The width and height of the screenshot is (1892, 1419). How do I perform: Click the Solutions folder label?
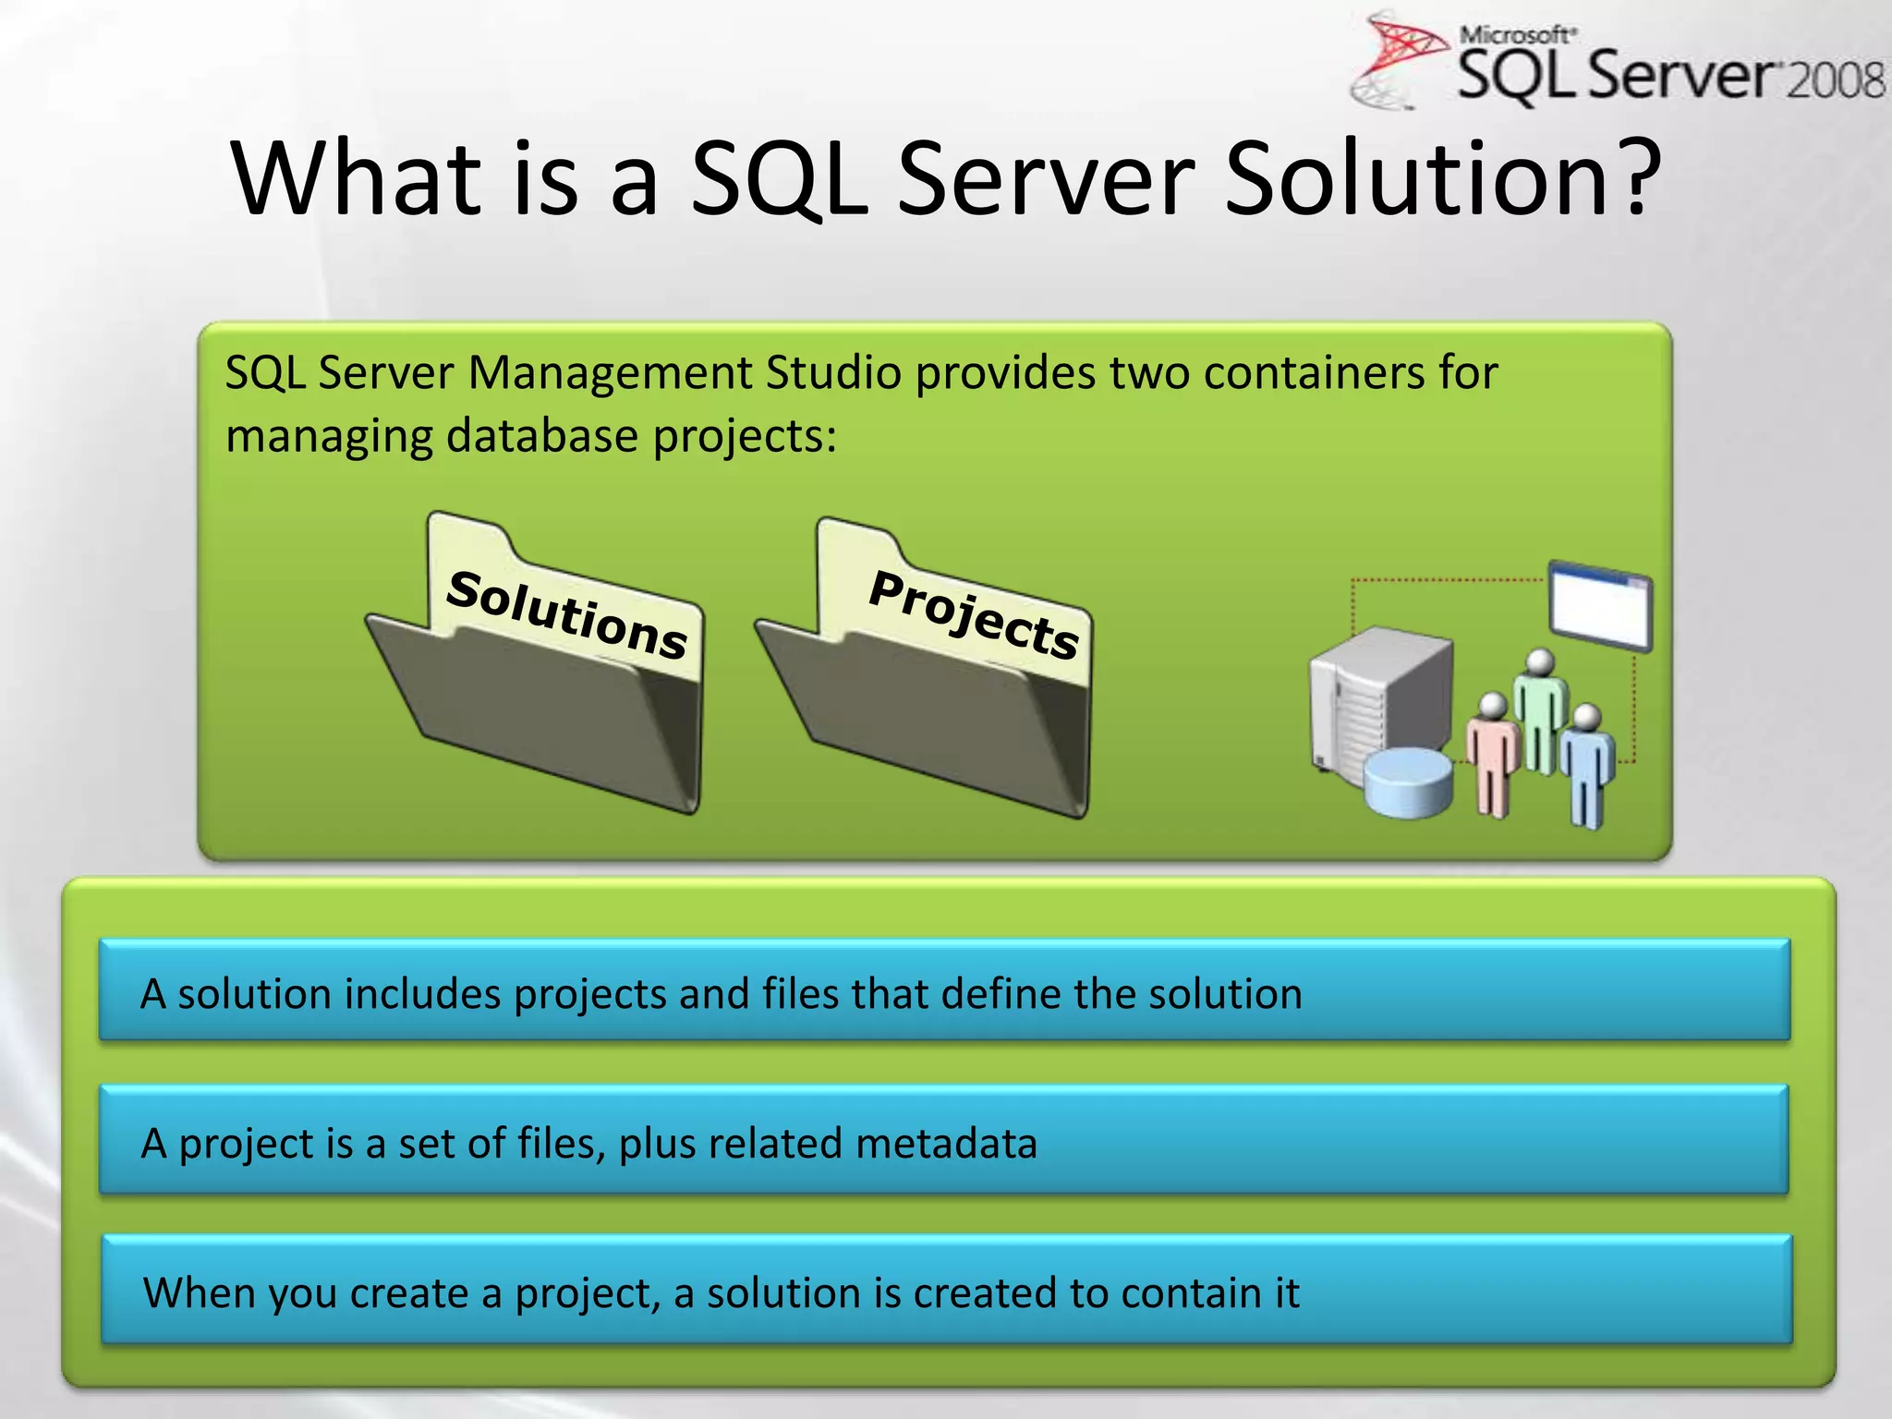click(x=566, y=615)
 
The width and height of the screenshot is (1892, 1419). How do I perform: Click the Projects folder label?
click(x=974, y=615)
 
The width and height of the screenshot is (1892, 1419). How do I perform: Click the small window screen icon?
click(x=1601, y=606)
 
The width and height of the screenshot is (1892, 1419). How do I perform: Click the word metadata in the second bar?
click(x=946, y=1144)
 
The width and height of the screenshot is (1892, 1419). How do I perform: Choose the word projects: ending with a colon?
click(x=745, y=437)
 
